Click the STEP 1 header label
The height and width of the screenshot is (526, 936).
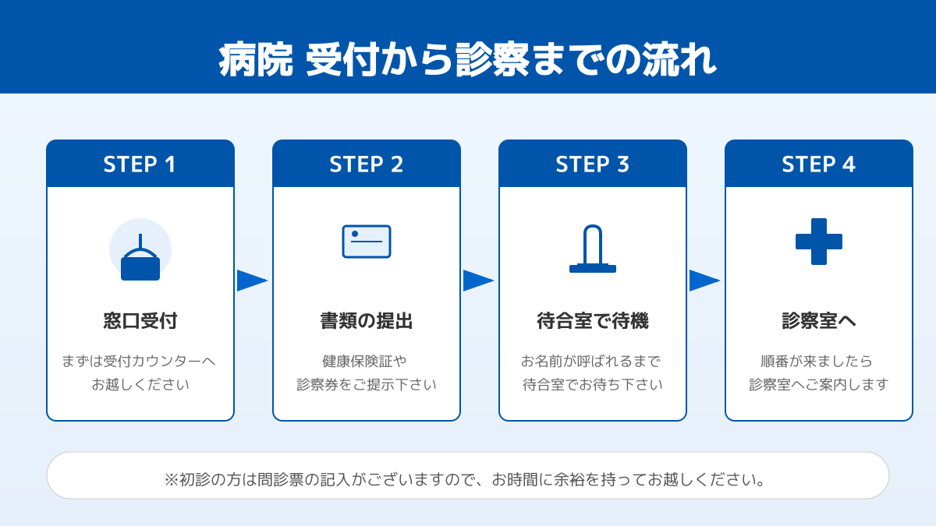pyautogui.click(x=140, y=164)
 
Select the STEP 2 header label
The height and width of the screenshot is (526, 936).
pyautogui.click(x=367, y=164)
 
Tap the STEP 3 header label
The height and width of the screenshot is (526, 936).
pyautogui.click(x=593, y=164)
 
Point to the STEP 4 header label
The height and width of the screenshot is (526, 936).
pyautogui.click(x=819, y=164)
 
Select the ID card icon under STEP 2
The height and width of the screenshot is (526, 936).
pyautogui.click(x=367, y=242)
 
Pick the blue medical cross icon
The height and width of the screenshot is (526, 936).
pyautogui.click(x=819, y=242)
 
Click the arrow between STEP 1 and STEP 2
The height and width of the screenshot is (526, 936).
pyautogui.click(x=252, y=281)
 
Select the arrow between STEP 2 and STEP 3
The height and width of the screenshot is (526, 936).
pyautogui.click(x=478, y=281)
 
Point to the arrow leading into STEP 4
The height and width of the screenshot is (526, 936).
pyautogui.click(x=704, y=281)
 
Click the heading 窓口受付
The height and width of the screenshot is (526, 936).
pyautogui.click(x=140, y=321)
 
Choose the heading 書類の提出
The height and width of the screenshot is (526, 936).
pyautogui.click(x=367, y=321)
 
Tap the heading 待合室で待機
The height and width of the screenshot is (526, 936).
pyautogui.click(x=593, y=321)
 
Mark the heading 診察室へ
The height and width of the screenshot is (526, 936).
pyautogui.click(x=819, y=321)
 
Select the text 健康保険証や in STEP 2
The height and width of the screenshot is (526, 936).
pyautogui.click(x=367, y=362)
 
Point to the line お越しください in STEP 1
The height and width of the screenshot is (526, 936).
pyautogui.click(x=140, y=385)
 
